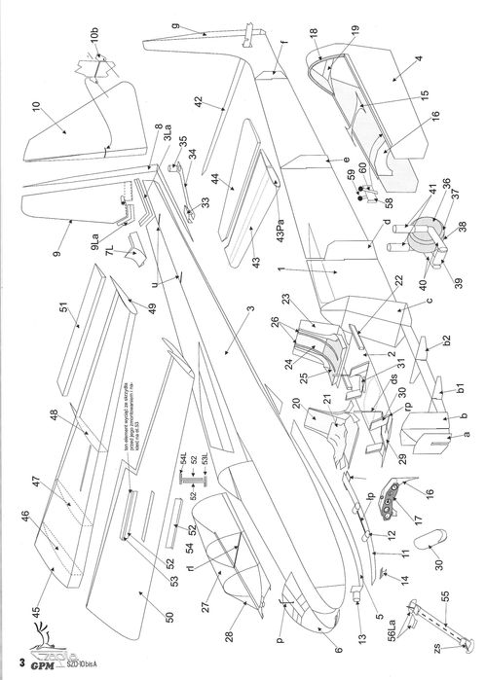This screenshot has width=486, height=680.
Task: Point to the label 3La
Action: [168, 139]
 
